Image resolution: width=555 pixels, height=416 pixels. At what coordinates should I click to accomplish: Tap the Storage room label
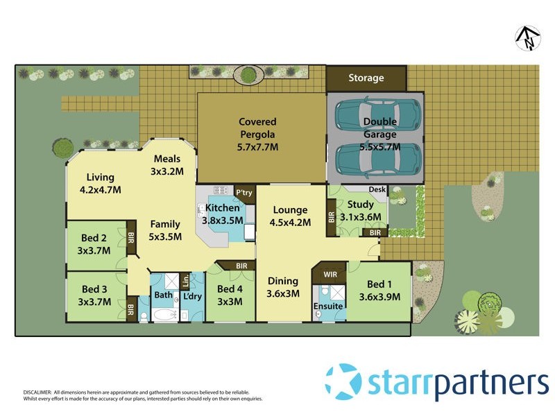click(x=366, y=78)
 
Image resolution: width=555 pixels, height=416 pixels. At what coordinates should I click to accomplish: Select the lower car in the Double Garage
click(x=378, y=160)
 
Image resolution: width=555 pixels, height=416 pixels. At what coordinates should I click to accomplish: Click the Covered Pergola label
click(x=257, y=134)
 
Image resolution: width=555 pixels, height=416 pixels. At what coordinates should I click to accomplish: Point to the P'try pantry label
click(x=244, y=192)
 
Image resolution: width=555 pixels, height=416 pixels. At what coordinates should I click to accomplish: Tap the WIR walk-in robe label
click(x=330, y=275)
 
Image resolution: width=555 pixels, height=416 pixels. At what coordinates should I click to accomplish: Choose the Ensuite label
click(x=327, y=306)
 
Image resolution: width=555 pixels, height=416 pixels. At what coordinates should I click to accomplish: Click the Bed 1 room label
click(x=379, y=291)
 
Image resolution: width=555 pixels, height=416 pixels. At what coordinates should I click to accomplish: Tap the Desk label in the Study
click(x=377, y=189)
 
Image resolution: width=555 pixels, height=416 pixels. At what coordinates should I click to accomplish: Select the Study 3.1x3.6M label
click(x=361, y=210)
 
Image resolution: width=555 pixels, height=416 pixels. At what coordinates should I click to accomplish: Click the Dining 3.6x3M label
click(x=283, y=287)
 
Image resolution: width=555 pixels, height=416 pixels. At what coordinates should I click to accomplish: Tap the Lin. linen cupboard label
click(x=185, y=280)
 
